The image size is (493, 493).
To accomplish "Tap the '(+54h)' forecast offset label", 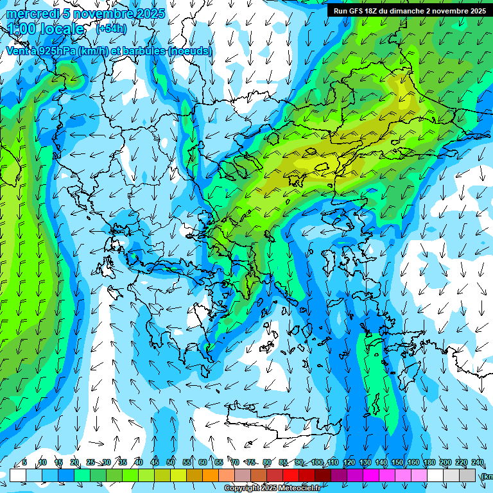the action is [111, 29].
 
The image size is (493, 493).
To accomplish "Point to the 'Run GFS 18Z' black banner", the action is [409, 10].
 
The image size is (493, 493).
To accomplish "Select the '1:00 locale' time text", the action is [46, 30].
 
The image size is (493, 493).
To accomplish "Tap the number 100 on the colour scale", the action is [316, 463].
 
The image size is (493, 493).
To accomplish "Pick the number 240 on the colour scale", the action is [477, 463].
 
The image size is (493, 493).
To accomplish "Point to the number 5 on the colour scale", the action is [24, 463].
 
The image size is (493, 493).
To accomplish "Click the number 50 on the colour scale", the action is [171, 463].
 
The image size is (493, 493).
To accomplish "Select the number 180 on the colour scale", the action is [429, 463].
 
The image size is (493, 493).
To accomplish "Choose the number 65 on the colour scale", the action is [219, 463].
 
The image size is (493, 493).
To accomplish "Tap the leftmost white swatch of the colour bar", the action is [18, 475].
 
